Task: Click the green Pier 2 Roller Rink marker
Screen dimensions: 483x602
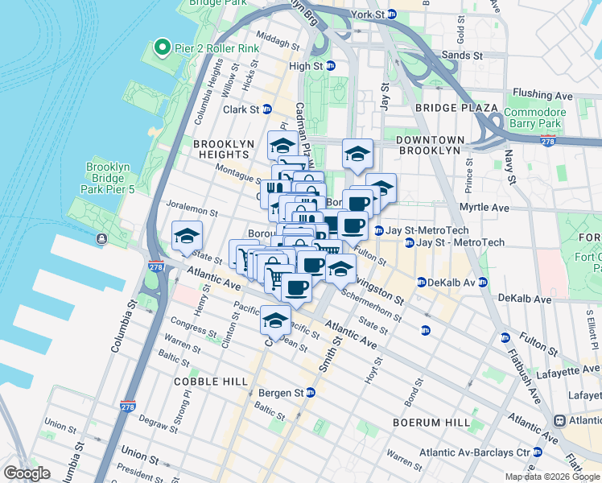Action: [x=160, y=48]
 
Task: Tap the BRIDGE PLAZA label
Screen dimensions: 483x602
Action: [x=447, y=108]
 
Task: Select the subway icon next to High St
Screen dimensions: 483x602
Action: [x=330, y=67]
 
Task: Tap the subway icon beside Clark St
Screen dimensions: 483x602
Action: [x=266, y=109]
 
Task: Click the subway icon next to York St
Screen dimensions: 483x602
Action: [x=392, y=14]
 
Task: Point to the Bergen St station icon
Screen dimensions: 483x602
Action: [x=310, y=392]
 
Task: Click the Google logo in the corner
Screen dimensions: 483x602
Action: [x=27, y=473]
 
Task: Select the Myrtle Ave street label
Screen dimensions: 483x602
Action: [x=484, y=208]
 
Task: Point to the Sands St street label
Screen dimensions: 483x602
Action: [x=466, y=56]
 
